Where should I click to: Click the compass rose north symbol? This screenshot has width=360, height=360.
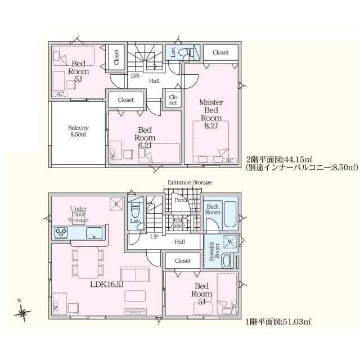22,312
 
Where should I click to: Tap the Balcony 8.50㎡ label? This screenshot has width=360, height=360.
78,131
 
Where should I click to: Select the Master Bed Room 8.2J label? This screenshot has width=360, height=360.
211,114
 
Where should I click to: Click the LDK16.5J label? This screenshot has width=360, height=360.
107,285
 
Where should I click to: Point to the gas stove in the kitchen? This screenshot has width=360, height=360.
61,232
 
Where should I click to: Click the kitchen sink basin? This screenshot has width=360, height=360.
94,233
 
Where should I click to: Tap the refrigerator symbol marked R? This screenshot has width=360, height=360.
116,204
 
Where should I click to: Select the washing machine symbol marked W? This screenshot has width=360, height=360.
230,241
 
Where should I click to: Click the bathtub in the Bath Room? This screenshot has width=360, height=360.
230,214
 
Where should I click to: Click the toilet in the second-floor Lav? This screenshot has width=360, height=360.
184,52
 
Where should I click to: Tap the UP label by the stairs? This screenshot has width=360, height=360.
154,236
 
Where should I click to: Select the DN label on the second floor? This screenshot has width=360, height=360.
135,75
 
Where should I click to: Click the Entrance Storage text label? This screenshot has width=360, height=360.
190,182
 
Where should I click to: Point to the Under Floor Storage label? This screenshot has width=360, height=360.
78,214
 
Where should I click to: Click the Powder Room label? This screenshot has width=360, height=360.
214,251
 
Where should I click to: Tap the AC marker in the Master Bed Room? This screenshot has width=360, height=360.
229,160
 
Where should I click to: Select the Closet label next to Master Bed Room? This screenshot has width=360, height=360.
220,52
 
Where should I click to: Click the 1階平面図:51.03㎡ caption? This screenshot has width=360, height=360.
278,322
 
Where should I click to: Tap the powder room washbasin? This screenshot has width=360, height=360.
227,260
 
